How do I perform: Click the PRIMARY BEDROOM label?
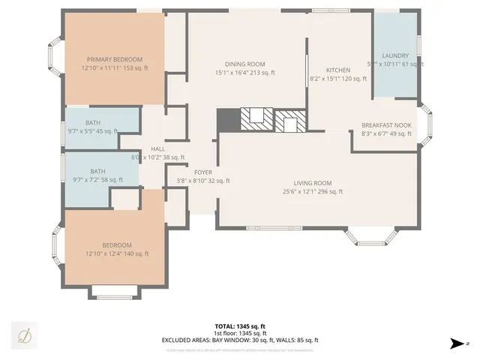click(x=115, y=59)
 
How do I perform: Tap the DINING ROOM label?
click(x=245, y=64)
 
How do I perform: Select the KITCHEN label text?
click(x=327, y=70)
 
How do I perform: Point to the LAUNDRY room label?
click(x=395, y=55)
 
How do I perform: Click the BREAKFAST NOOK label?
click(x=386, y=125)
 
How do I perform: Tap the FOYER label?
click(x=203, y=172)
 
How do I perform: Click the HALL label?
click(x=157, y=149)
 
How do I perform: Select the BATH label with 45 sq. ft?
click(x=93, y=122)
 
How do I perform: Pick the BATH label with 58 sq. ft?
click(x=98, y=171)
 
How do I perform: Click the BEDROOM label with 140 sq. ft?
click(x=117, y=245)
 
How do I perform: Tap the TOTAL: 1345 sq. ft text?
click(x=240, y=326)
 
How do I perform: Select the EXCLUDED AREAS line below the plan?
click(x=240, y=340)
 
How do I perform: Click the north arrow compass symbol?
click(x=457, y=344)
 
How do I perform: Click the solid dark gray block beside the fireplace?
click(x=226, y=119)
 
